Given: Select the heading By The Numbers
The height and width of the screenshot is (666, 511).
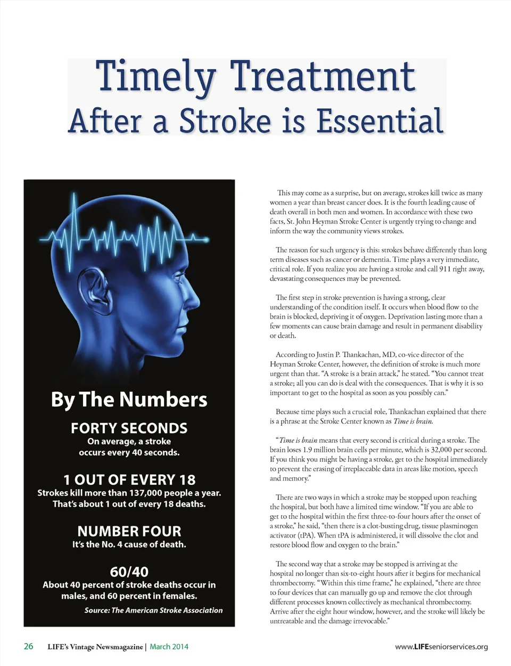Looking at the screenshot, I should pyautogui.click(x=129, y=400).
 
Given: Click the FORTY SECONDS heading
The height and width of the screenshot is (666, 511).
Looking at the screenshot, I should pyautogui.click(x=129, y=428).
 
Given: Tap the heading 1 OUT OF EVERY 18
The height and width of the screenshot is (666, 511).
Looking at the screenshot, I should pyautogui.click(x=129, y=480).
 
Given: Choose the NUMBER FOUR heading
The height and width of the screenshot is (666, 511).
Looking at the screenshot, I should pyautogui.click(x=129, y=531).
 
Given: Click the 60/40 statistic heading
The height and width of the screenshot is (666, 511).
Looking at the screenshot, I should pyautogui.click(x=129, y=572).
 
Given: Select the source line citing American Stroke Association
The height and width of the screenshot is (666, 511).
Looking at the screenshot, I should pyautogui.click(x=153, y=610).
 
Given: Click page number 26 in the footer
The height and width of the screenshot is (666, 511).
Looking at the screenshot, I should pyautogui.click(x=28, y=646).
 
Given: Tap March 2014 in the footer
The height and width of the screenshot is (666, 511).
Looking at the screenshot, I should pyautogui.click(x=169, y=647).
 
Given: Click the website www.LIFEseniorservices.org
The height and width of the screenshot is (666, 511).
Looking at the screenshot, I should pyautogui.click(x=441, y=647).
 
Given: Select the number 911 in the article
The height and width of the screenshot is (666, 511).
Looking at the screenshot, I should pyautogui.click(x=444, y=269).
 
